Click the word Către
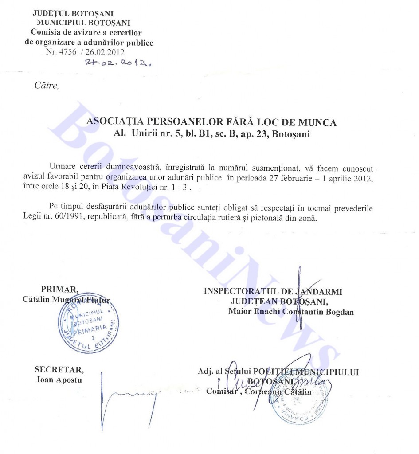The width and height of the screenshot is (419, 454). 46,86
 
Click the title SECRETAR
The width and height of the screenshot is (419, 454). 59,371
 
